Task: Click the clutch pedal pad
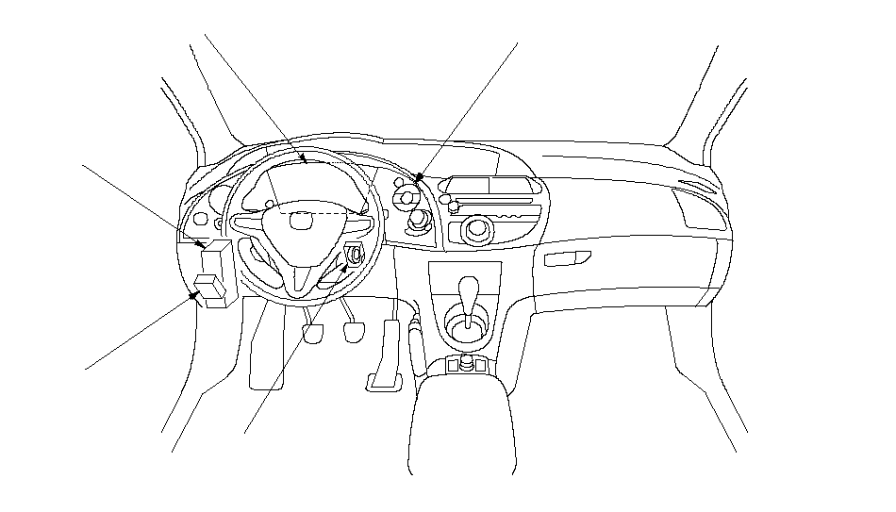(x=314, y=335)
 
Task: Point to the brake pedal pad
(x=355, y=332)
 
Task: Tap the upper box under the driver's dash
(x=217, y=258)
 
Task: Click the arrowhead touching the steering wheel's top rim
(x=304, y=162)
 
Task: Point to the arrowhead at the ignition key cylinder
(x=347, y=268)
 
